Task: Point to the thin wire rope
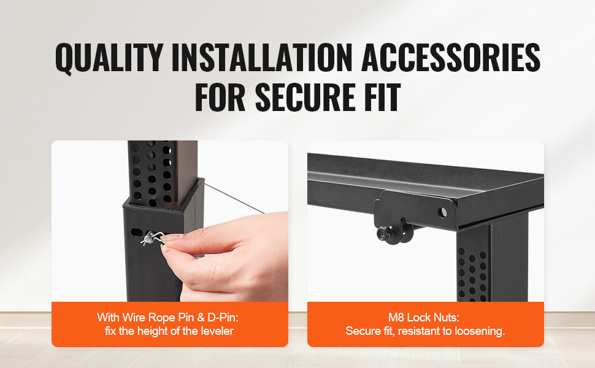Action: pos(234,198)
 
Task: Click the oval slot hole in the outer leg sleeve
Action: pos(136,232)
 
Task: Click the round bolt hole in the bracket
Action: pos(442,212)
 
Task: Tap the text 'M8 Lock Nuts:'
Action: pos(424,317)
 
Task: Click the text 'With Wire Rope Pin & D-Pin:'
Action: pos(167,317)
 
